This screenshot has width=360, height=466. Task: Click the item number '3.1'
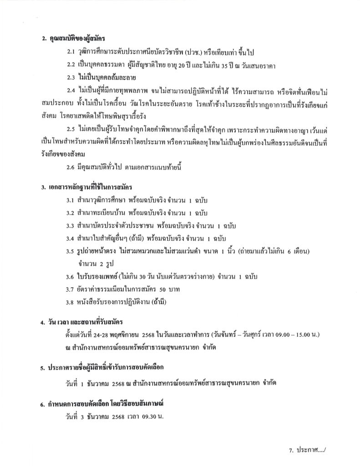(72, 200)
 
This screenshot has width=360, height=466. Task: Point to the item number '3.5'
(72, 251)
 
